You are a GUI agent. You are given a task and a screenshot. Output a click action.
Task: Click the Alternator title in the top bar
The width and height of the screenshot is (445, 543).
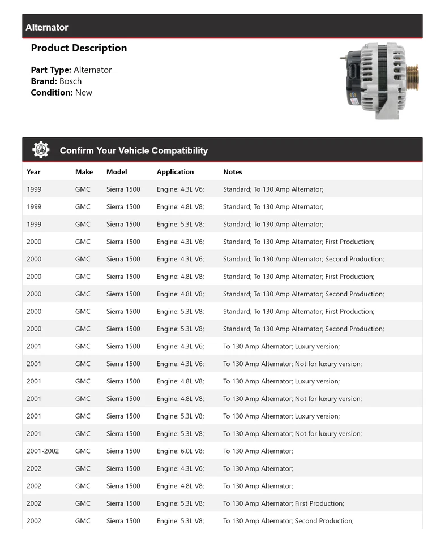[x=47, y=27]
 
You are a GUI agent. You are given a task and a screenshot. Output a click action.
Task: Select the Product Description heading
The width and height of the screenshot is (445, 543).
[x=79, y=48]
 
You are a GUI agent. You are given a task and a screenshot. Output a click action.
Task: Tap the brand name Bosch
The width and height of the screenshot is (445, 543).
[x=70, y=81]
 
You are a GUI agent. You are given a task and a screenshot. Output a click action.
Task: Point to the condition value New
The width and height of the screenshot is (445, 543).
[x=83, y=92]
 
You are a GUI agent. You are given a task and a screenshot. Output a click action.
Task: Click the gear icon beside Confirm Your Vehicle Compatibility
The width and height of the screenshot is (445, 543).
[x=41, y=150]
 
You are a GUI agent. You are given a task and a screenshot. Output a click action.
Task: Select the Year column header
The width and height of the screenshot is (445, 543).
[x=33, y=171]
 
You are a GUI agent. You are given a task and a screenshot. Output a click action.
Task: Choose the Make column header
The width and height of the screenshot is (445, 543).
[x=84, y=171]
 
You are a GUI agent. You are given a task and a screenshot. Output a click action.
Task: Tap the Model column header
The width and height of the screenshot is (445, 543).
[x=117, y=171]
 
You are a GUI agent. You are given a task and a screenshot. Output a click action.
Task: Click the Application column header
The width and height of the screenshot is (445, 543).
[x=175, y=171]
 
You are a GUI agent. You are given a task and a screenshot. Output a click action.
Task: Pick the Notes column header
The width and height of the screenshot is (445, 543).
[x=232, y=171]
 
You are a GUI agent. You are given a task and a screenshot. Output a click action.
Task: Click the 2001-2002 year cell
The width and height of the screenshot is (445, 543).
[x=42, y=451]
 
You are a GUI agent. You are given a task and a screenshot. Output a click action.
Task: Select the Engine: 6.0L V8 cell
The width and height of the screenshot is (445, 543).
[x=180, y=451]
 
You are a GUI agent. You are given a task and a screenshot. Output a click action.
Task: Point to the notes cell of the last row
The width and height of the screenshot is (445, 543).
[x=288, y=520]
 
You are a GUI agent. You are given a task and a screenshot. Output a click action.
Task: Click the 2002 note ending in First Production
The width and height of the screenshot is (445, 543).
[x=283, y=503]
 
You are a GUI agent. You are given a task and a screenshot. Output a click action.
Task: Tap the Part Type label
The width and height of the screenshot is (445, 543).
[x=51, y=70]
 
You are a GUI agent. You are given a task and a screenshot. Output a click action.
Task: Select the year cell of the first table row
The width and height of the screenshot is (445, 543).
[x=34, y=189]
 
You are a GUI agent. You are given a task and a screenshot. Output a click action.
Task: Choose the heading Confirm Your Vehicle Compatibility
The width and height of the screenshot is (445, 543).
[x=134, y=150]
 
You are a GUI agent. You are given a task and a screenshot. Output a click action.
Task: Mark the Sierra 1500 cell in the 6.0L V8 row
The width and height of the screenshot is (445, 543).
[x=123, y=451]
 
